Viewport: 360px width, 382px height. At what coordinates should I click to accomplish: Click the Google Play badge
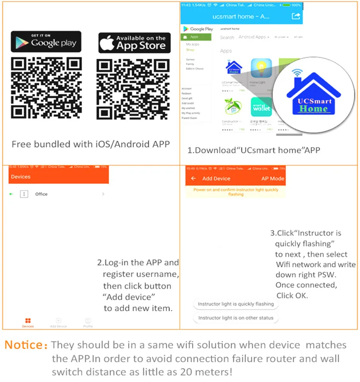[46, 42]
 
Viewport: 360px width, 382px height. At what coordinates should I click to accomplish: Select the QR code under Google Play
[46, 88]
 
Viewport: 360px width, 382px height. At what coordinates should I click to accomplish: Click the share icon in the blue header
[296, 16]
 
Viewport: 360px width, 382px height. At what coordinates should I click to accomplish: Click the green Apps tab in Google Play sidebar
[196, 37]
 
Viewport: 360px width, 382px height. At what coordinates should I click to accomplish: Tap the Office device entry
[41, 194]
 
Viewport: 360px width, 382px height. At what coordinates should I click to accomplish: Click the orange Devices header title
[21, 177]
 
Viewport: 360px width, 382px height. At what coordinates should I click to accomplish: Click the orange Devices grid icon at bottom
[28, 321]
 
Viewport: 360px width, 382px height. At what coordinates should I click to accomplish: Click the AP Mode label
[273, 179]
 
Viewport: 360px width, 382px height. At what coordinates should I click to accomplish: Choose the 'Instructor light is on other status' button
[236, 318]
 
